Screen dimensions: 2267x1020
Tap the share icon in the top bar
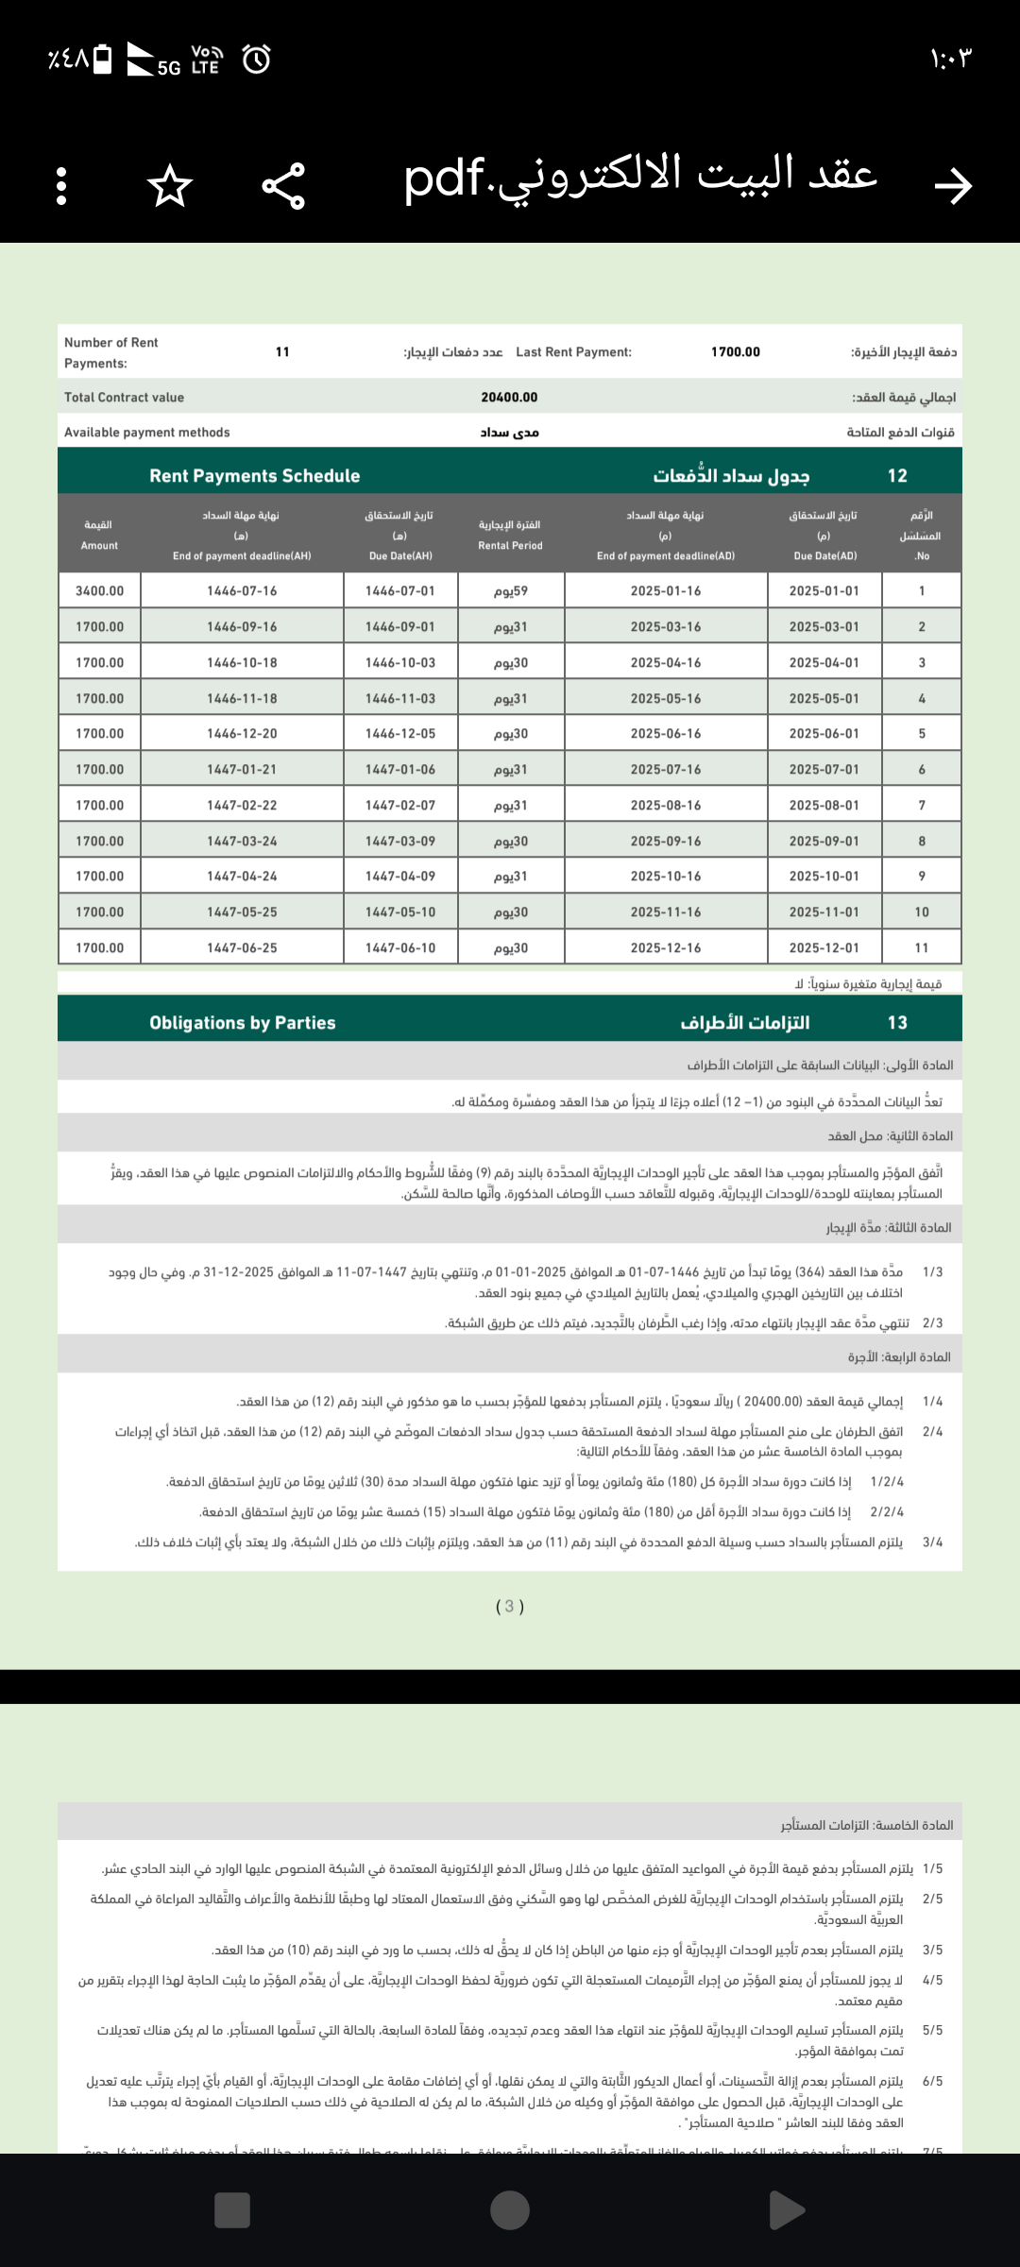[283, 185]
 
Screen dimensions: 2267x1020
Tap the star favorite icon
[170, 185]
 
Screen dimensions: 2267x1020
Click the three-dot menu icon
[61, 185]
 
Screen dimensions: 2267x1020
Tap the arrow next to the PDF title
[953, 185]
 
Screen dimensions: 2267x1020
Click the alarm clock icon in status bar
[256, 60]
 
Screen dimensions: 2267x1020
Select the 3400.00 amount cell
[99, 591]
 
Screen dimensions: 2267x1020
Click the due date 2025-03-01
[824, 627]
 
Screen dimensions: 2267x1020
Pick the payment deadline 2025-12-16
[666, 947]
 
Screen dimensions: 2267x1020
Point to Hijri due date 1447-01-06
[400, 770]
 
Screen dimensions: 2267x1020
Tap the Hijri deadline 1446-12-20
[242, 734]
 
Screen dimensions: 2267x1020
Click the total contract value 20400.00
[509, 398]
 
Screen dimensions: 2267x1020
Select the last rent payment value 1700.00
[735, 352]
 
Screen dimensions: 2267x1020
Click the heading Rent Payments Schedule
[254, 476]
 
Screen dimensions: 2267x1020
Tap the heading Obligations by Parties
[242, 1023]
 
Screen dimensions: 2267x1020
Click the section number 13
[897, 1023]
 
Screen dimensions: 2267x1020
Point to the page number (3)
[510, 1606]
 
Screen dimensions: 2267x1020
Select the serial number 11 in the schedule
[922, 947]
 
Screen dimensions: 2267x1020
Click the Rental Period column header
[510, 535]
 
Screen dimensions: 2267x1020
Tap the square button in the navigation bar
[232, 2210]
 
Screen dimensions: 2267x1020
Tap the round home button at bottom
[510, 2210]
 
